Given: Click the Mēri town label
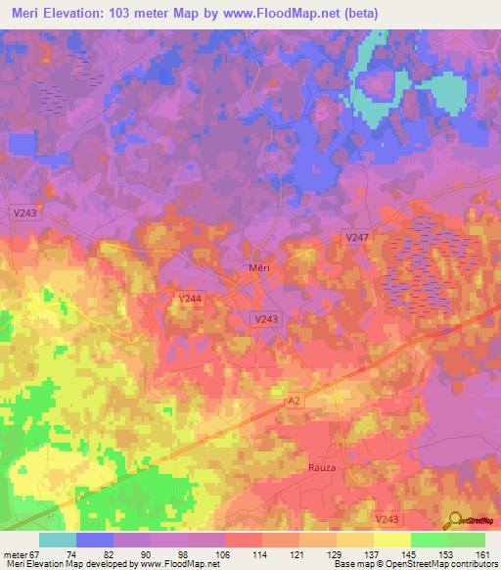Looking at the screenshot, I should coord(255,267).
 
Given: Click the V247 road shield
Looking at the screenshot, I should coord(358,238).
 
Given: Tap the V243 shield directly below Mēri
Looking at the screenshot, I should coord(265,319).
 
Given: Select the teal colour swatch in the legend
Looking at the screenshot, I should coord(58,540).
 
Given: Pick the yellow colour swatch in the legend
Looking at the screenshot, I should coord(390,540).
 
